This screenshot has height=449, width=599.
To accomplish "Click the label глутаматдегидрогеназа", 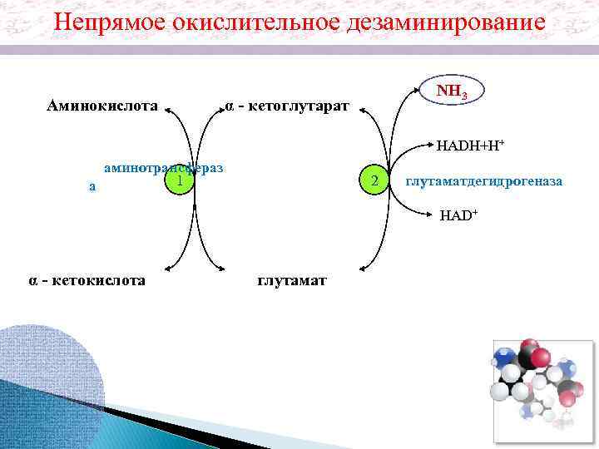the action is pyautogui.click(x=484, y=180).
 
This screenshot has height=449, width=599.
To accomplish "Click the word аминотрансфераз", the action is pyautogui.click(x=163, y=168).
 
